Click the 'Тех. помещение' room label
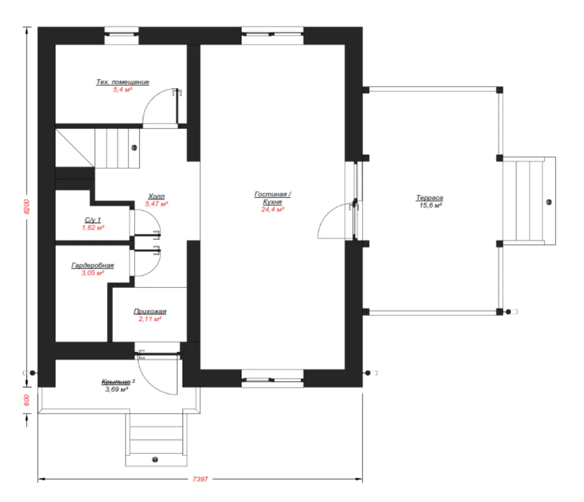123,82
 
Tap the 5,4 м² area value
123,90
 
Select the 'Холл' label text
157,196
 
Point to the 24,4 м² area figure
272,210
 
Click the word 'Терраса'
429,198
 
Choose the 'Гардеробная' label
92,265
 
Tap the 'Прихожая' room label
150,311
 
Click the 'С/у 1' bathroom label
92,220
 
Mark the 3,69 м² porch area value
117,390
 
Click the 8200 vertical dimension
26,207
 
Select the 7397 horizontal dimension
200,479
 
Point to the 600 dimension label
26,400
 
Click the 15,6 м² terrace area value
431,205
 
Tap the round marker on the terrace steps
549,202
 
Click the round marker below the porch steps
155,460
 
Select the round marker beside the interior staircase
134,147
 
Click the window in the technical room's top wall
121,36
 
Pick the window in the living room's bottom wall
272,378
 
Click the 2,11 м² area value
150,319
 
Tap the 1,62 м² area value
93,228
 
